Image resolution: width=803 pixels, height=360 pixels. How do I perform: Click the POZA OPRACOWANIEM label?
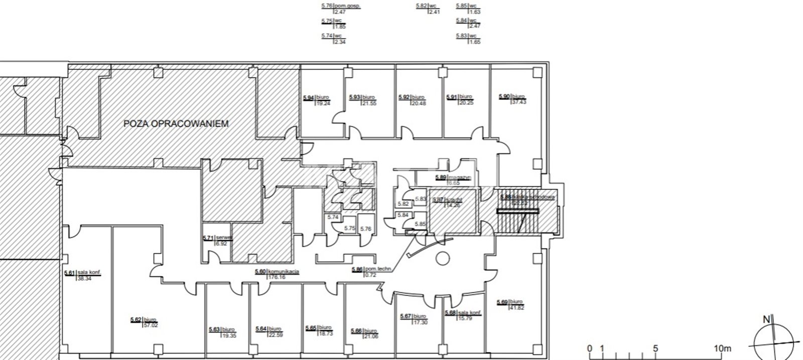coord(176,124)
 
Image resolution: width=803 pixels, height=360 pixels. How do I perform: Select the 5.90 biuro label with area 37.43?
coord(511,99)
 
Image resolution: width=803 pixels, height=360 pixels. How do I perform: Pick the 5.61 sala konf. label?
coord(83,276)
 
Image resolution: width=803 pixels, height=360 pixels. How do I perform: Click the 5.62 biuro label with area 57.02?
coord(143,322)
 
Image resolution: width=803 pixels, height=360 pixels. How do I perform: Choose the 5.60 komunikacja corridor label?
coord(277,274)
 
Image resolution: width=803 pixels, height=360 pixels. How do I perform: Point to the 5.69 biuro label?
coord(510,304)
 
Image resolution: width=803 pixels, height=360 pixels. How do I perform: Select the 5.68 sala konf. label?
coord(463,314)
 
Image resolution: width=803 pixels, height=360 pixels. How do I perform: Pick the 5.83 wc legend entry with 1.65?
coord(468,39)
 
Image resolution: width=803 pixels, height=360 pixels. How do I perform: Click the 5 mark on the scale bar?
coord(655,348)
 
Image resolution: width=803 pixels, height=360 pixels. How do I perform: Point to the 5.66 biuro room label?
coord(362,333)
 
